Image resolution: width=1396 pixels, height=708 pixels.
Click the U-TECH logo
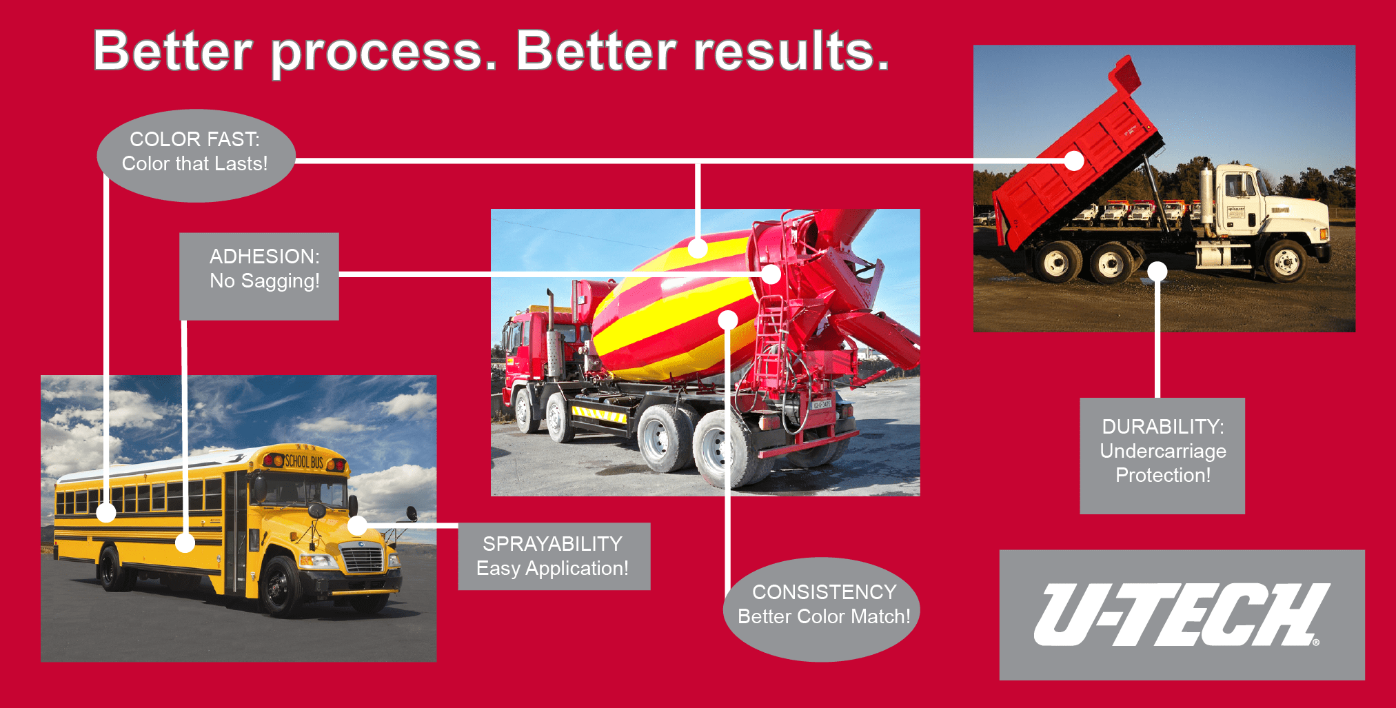point(1182,615)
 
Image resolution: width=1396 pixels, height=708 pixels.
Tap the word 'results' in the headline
point(791,51)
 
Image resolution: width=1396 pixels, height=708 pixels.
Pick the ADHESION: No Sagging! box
point(259,276)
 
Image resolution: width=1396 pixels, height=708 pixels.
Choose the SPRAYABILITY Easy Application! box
point(554,556)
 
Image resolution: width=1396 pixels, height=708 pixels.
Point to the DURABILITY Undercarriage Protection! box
point(1162,455)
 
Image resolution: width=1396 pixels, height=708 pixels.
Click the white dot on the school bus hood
point(357,525)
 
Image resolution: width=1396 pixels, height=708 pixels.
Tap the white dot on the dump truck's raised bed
point(1073,161)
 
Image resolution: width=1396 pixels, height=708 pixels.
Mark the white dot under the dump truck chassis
point(1157,271)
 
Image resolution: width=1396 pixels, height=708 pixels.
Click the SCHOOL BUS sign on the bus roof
point(304,461)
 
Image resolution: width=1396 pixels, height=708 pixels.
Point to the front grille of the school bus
point(363,558)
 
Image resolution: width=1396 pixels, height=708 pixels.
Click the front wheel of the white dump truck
point(1285,261)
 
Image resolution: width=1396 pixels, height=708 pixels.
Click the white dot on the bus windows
point(106,512)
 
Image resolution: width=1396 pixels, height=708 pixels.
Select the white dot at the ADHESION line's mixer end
point(771,274)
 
